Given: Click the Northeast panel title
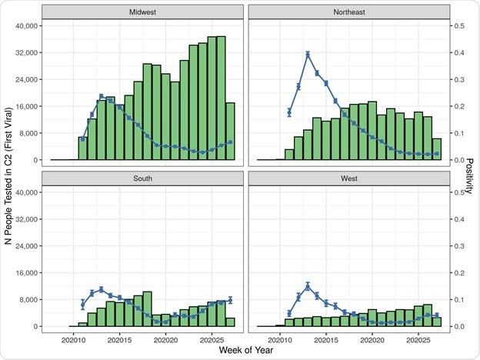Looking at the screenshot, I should (x=349, y=12).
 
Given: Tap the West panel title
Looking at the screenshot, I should (x=349, y=178).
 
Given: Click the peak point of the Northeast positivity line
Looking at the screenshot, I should (x=308, y=54).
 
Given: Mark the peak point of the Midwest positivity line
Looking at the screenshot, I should (x=101, y=96).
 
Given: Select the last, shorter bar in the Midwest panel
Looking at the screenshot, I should (x=230, y=132).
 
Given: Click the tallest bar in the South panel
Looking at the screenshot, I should (x=147, y=308).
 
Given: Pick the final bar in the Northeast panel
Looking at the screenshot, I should (x=437, y=149).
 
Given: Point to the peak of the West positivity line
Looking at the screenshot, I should (x=308, y=286).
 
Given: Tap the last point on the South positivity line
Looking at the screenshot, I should (x=230, y=300).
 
